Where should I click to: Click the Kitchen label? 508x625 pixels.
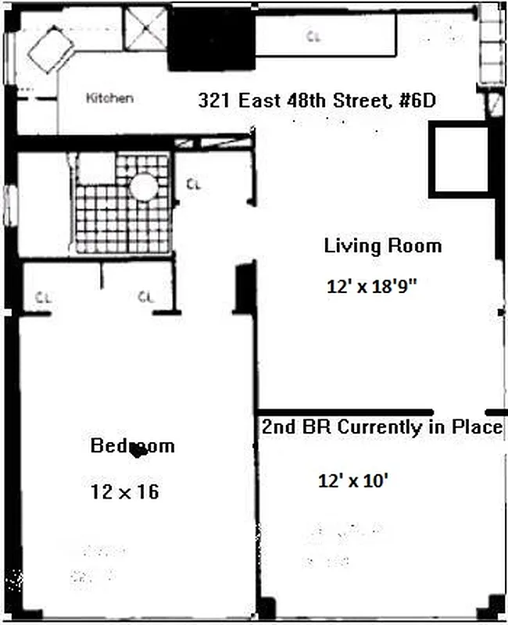tap(109, 98)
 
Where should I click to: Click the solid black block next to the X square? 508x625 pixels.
tap(212, 39)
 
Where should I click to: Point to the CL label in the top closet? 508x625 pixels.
tap(313, 37)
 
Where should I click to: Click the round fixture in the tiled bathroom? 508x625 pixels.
tap(144, 187)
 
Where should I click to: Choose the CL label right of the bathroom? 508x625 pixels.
tap(195, 184)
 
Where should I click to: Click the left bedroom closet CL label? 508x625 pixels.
tap(44, 297)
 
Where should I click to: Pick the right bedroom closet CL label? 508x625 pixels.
tap(145, 297)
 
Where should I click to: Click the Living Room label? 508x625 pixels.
tap(382, 246)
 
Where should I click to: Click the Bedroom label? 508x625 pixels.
tap(133, 446)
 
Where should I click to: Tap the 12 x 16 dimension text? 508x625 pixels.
tap(125, 492)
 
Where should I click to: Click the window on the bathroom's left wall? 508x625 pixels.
tap(10, 205)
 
